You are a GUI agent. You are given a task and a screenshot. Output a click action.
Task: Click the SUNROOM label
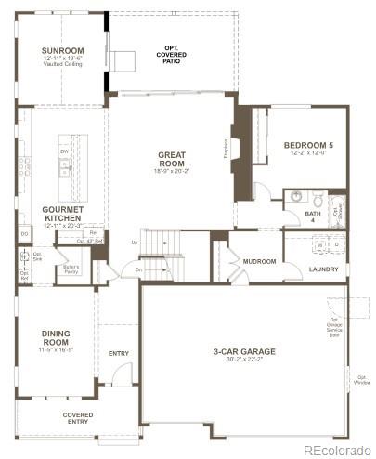coord(61,50)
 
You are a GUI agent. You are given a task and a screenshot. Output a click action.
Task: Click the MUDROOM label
coord(259,261)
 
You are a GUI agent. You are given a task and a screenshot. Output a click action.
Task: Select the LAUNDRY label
coord(323,269)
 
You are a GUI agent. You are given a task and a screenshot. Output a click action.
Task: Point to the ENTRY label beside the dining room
coord(119,353)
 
